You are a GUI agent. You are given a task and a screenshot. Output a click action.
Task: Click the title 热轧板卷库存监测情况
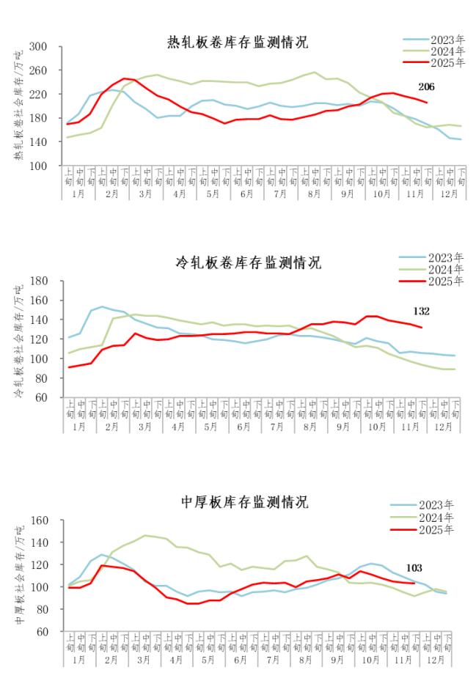pos(238,42)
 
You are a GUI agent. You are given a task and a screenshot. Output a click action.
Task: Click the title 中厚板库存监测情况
pos(244,502)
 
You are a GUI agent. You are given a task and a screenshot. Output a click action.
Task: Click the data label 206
pos(426,87)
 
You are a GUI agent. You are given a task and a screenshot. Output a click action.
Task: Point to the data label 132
pos(421,311)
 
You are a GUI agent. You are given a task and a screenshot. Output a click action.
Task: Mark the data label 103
pos(414,568)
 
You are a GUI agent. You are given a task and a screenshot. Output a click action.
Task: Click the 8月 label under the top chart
pos(314,194)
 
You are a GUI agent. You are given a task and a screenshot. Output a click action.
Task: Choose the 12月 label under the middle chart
pos(443,426)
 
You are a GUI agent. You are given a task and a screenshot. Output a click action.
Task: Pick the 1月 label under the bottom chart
pos(79,660)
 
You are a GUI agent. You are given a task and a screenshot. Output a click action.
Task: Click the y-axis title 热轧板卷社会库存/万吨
pos(18,107)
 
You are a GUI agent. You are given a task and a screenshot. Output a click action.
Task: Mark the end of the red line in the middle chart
pos(420,327)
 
